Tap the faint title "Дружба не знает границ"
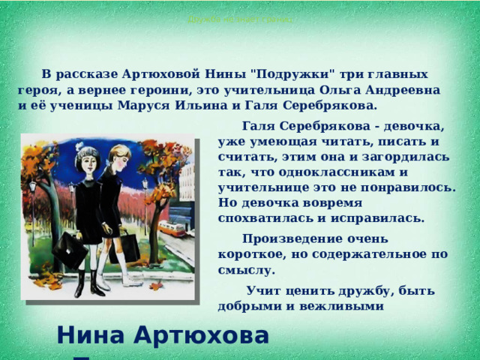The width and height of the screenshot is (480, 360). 240,19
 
